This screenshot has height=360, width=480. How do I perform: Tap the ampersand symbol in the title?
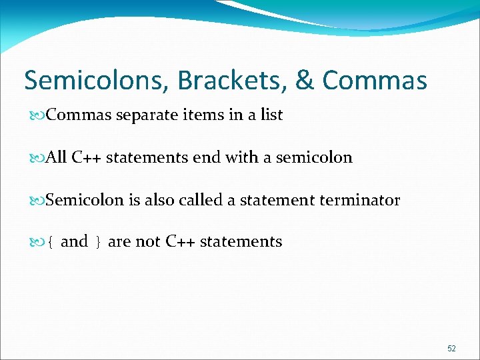click(303, 81)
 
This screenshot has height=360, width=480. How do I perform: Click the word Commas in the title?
click(374, 81)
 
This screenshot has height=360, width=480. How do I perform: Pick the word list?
click(271, 115)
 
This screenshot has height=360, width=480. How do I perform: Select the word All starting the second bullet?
click(57, 158)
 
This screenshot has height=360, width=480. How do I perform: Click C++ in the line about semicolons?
click(86, 158)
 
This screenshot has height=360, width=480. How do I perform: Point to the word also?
click(159, 200)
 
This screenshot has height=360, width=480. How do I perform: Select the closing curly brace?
click(98, 242)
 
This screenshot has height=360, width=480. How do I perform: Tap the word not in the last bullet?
click(148, 241)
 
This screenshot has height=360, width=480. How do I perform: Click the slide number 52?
click(451, 349)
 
